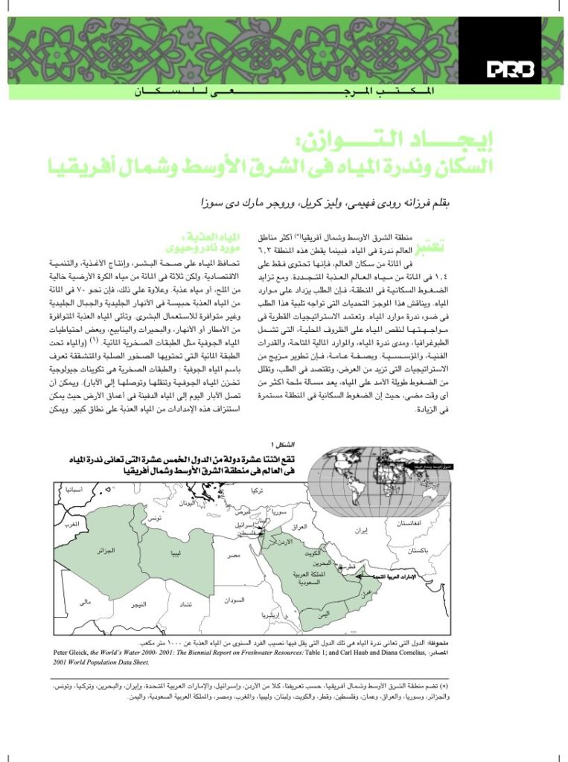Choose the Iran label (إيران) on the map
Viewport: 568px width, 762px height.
(x=360, y=531)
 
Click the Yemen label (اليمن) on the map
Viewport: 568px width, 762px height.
(x=322, y=614)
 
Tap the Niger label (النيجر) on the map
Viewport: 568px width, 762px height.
(x=139, y=606)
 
